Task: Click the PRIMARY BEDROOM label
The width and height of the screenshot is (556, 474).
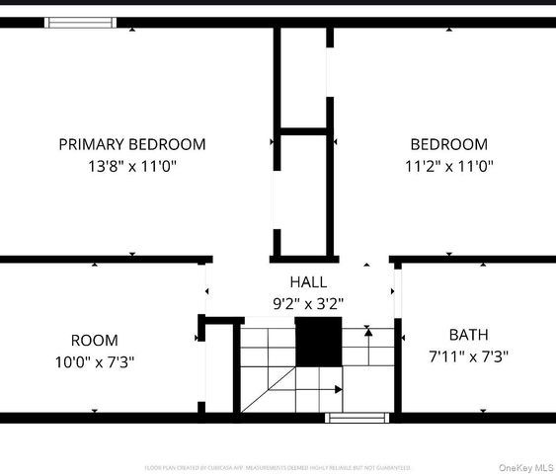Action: tap(132, 144)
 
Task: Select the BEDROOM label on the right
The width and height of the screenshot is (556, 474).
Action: tap(448, 144)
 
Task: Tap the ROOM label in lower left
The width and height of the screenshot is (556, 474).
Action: tap(95, 340)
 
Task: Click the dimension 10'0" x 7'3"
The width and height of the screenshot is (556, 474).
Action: tap(95, 361)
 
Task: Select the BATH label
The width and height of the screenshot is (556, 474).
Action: tap(468, 335)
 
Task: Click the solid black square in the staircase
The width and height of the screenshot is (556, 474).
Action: tap(317, 342)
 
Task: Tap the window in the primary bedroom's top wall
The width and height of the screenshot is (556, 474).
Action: tap(81, 22)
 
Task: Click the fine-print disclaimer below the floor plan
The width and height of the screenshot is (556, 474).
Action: tap(278, 467)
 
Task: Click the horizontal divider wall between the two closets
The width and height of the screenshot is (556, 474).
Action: tap(303, 128)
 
